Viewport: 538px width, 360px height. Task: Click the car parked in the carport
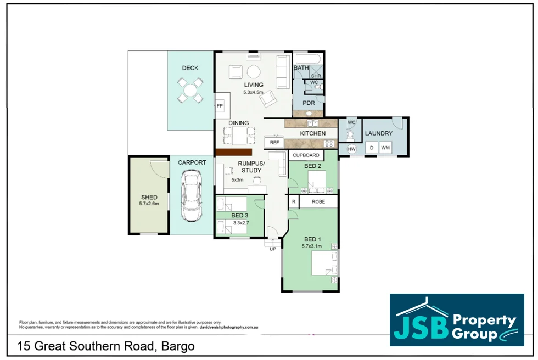click(191, 195)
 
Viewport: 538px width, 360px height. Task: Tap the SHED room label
click(149, 197)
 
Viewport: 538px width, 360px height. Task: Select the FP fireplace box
click(220, 105)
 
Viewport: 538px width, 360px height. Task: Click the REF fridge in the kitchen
click(274, 143)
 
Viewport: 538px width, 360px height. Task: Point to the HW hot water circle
click(352, 149)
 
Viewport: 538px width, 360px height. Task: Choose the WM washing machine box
click(385, 148)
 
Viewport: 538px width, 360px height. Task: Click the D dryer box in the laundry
click(371, 148)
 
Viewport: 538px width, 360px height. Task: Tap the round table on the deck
click(189, 90)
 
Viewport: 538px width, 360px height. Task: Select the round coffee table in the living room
click(254, 72)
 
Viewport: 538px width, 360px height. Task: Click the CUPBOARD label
click(306, 155)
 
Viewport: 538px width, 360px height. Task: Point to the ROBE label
click(318, 202)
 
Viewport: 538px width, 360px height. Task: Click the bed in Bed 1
click(323, 263)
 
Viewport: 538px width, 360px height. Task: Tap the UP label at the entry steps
click(273, 249)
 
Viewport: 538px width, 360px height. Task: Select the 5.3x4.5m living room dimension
click(254, 93)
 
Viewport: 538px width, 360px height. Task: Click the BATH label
click(301, 68)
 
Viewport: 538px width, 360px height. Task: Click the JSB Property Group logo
click(456, 320)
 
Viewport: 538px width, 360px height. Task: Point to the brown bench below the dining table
click(233, 152)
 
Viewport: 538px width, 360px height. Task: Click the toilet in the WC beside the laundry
click(350, 133)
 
